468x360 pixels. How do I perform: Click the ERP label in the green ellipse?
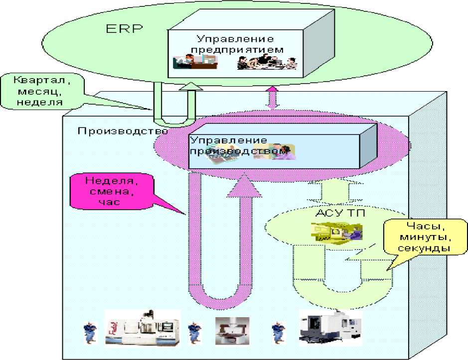tap(125, 29)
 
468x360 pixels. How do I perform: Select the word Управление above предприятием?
tap(235, 39)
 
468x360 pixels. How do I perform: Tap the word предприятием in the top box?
tap(237, 49)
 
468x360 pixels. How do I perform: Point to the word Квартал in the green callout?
tap(42, 80)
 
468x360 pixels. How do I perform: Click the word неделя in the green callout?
tap(40, 102)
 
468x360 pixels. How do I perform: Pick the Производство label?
tap(123, 131)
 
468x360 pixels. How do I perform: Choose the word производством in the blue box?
tap(239, 151)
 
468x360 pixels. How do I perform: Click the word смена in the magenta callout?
tap(111, 191)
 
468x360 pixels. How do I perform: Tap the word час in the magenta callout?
tap(109, 202)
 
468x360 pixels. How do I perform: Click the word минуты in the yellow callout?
tap(425, 238)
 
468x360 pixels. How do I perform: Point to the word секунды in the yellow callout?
tap(424, 248)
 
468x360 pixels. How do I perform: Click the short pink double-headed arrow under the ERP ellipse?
tap(273, 98)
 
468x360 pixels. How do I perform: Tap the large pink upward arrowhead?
tap(244, 186)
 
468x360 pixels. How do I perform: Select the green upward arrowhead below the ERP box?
tap(191, 86)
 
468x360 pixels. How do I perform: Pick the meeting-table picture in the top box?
tap(267, 62)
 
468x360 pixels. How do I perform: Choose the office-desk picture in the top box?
tap(195, 62)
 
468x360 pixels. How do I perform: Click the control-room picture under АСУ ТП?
tap(337, 232)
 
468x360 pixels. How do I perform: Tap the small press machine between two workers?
tap(232, 331)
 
